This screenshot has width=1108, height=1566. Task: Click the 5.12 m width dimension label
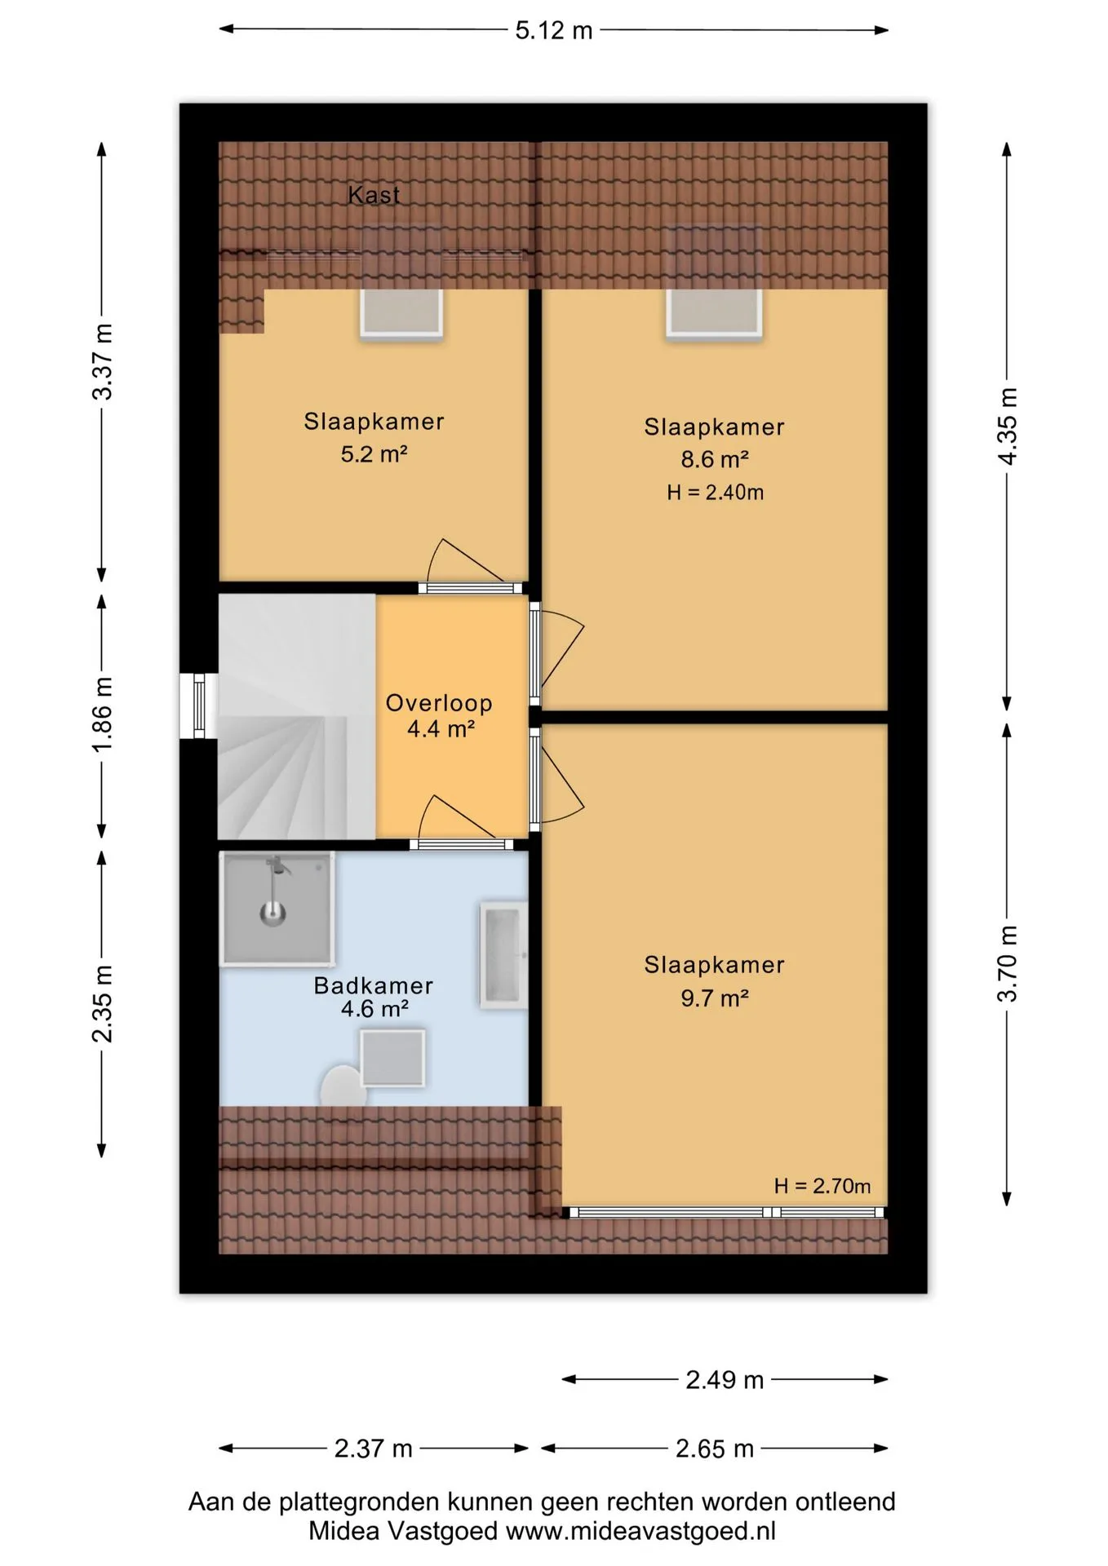[553, 31]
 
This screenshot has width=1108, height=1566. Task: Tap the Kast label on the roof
[374, 195]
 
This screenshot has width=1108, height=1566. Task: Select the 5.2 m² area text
[374, 453]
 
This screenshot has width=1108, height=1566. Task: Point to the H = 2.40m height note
[715, 492]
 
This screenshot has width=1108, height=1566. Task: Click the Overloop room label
[439, 703]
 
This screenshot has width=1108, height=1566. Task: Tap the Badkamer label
[374, 985]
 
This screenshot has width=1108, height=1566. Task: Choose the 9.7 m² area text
[715, 998]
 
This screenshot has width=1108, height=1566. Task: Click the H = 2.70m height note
[822, 1186]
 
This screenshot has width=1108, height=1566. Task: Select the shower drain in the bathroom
[273, 913]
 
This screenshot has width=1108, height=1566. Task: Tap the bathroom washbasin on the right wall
[503, 956]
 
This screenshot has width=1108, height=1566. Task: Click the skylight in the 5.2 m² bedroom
[401, 312]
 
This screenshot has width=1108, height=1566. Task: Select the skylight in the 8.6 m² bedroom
[714, 312]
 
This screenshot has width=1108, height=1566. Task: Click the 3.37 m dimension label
[103, 361]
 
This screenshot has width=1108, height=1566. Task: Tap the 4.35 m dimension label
[1008, 427]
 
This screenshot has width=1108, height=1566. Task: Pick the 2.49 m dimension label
[725, 1380]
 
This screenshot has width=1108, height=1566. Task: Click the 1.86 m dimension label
[103, 715]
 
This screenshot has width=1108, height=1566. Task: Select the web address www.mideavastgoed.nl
[640, 1531]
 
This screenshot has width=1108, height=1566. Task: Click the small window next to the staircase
[198, 706]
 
